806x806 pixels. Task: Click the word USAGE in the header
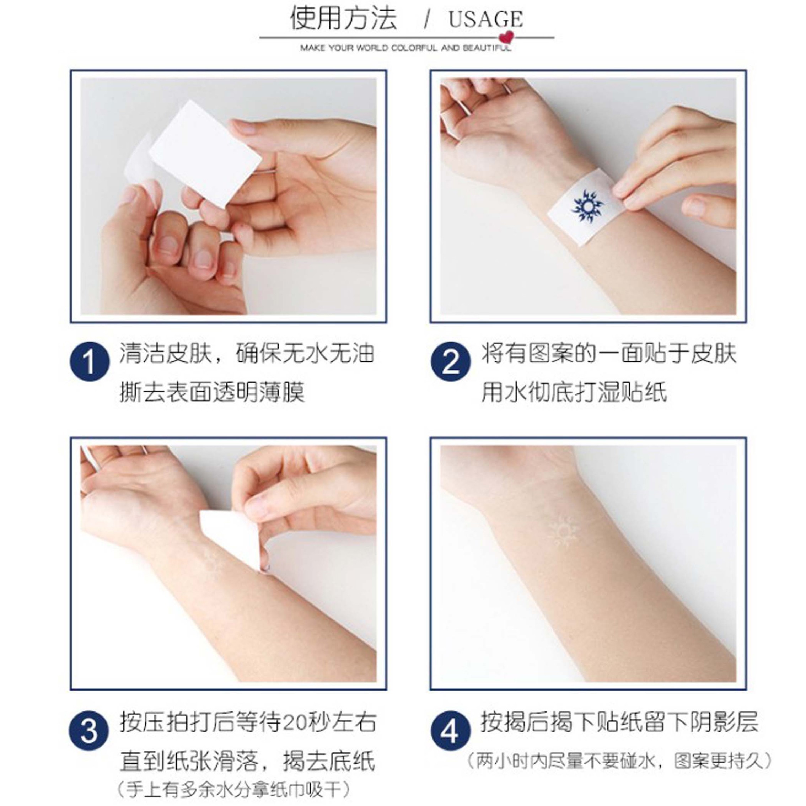(485, 19)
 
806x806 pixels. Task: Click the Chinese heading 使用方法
(343, 18)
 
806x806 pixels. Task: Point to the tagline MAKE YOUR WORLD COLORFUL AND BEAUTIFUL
(405, 48)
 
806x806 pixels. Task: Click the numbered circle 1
(90, 361)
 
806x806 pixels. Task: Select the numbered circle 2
(451, 361)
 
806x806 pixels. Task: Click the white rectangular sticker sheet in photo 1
(205, 154)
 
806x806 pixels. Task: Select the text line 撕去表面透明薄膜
(212, 392)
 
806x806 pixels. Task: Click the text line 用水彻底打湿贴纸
(574, 392)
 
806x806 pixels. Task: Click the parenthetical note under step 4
(620, 761)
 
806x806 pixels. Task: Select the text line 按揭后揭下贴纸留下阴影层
(619, 722)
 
